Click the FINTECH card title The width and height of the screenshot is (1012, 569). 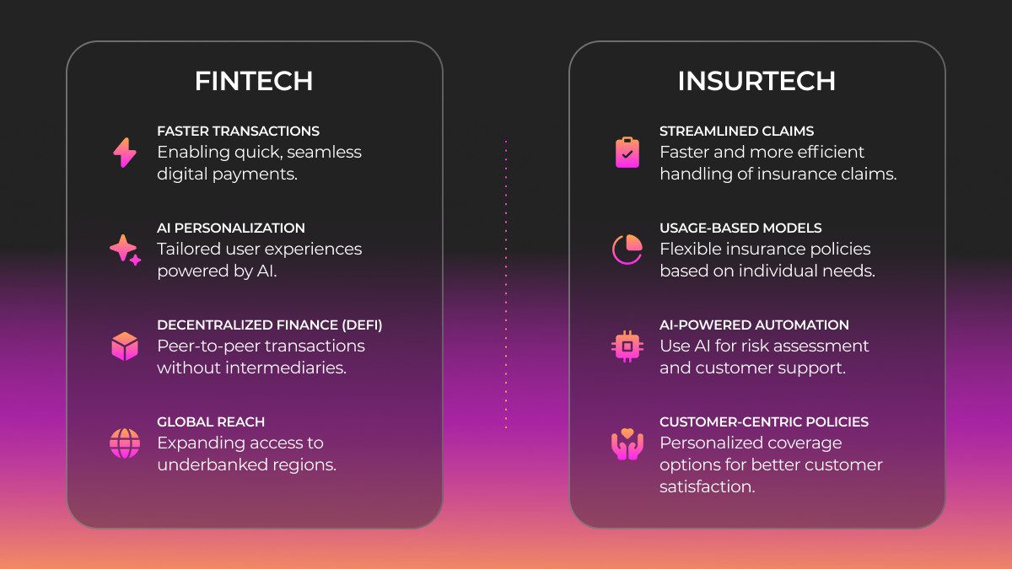point(254,81)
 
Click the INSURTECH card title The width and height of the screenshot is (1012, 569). point(756,81)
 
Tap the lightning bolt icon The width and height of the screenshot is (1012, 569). point(125,153)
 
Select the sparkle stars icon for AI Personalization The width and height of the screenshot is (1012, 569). point(125,250)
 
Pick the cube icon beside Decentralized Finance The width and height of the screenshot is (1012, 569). point(125,346)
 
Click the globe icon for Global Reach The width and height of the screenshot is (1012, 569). point(125,443)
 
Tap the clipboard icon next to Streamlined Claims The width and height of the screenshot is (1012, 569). point(627,153)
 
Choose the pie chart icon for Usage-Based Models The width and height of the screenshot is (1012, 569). point(627,250)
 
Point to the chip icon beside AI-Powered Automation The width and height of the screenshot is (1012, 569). point(627,346)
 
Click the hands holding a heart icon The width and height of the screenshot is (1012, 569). point(627,444)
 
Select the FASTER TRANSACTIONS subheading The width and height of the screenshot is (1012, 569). point(238,132)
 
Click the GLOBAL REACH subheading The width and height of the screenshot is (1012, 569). point(212,422)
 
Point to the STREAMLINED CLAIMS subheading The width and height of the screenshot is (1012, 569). point(736,132)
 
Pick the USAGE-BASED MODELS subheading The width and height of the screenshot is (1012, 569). point(740,228)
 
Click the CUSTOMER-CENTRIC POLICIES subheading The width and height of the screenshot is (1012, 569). point(764,422)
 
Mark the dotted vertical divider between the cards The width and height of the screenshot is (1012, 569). point(506,285)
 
